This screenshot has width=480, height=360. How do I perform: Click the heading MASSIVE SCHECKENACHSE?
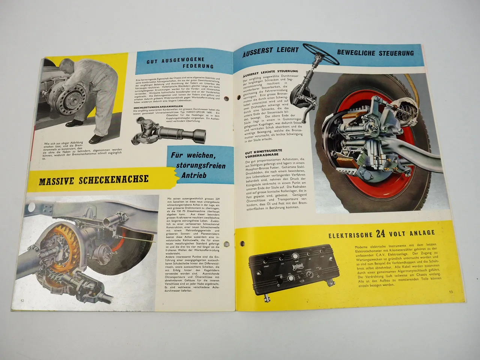pos(93,180)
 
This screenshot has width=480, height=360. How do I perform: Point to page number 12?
pos(23,300)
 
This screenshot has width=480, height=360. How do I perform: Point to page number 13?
pos(451,292)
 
